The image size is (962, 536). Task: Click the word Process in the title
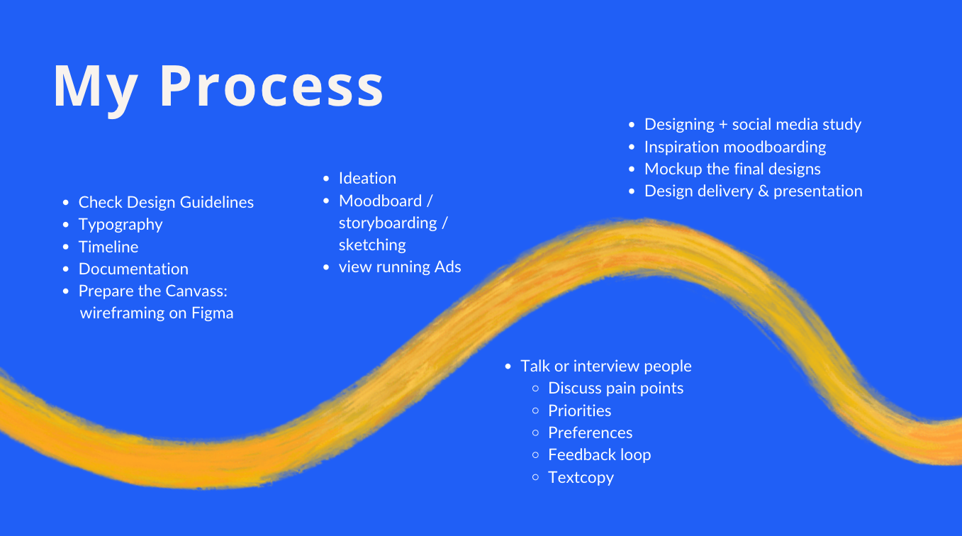271,86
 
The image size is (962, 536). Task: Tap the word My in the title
95,88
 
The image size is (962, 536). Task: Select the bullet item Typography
121,225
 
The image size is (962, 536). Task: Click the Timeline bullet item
108,247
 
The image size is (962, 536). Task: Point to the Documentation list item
133,269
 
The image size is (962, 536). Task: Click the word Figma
212,313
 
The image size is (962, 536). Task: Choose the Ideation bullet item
367,179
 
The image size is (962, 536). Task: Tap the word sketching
372,245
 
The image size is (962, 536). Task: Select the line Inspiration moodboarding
735,147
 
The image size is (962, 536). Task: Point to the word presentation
818,191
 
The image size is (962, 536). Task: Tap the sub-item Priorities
579,411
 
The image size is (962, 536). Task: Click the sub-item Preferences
590,432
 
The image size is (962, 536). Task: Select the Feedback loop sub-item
599,454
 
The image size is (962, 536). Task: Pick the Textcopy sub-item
581,477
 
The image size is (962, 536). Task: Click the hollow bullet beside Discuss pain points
536,389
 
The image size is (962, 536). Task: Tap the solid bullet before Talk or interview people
508,367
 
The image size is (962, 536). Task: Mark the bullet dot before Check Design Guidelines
66,203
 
